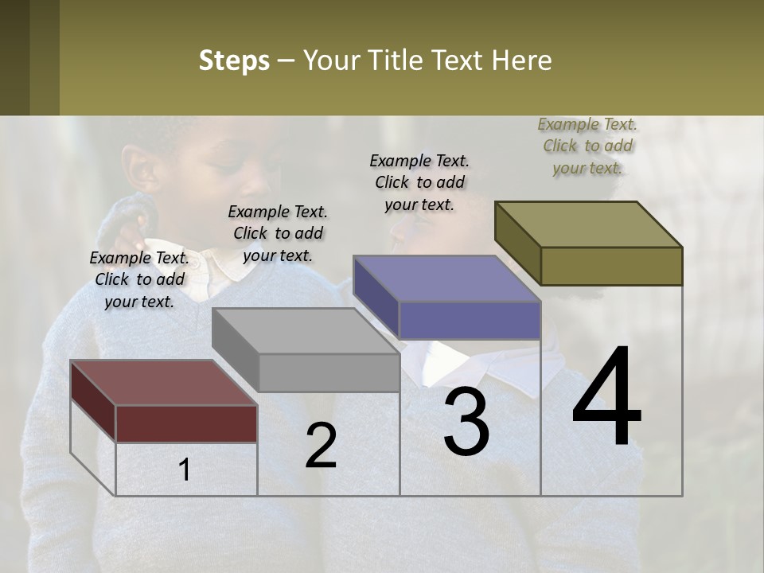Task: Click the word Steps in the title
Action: pyautogui.click(x=234, y=60)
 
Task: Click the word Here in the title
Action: pyautogui.click(x=518, y=60)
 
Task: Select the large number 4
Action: pyautogui.click(x=606, y=397)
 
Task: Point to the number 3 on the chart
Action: pyautogui.click(x=466, y=422)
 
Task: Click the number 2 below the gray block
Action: pyautogui.click(x=321, y=446)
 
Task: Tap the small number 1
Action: pyautogui.click(x=184, y=470)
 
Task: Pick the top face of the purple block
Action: pyautogui.click(x=446, y=279)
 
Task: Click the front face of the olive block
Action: pyautogui.click(x=611, y=266)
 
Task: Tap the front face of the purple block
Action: pyautogui.click(x=470, y=320)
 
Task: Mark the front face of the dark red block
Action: pyautogui.click(x=186, y=423)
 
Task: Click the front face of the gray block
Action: pyautogui.click(x=329, y=372)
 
